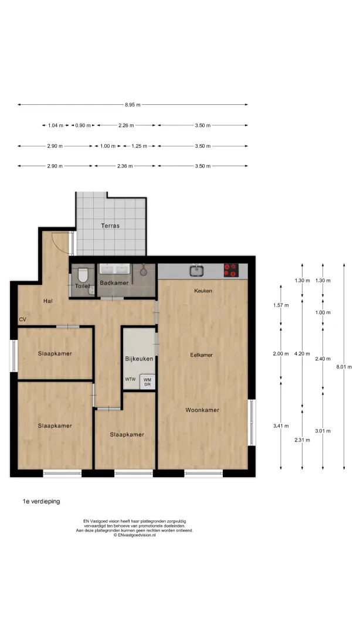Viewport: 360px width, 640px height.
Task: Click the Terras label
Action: pyautogui.click(x=110, y=225)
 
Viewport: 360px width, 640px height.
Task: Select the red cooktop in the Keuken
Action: pyautogui.click(x=230, y=270)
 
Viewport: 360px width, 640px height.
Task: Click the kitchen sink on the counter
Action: pyautogui.click(x=197, y=270)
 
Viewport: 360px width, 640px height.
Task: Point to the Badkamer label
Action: pyautogui.click(x=114, y=283)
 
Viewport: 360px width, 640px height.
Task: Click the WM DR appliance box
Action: pyautogui.click(x=147, y=382)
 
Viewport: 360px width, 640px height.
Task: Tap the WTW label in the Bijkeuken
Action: pyautogui.click(x=130, y=379)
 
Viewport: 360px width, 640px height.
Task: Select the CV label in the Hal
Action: pyautogui.click(x=22, y=319)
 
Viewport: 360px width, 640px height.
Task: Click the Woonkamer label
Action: pyautogui.click(x=202, y=410)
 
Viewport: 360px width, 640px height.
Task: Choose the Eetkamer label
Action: pyautogui.click(x=202, y=355)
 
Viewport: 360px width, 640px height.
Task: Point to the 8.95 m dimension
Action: pyautogui.click(x=133, y=104)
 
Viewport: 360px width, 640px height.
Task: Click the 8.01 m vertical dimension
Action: pyautogui.click(x=344, y=366)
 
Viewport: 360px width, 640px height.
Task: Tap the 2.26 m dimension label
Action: pyautogui.click(x=126, y=125)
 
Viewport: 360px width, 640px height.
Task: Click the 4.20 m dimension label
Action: pyautogui.click(x=302, y=354)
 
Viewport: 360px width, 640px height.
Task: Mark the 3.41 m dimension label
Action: pyautogui.click(x=281, y=426)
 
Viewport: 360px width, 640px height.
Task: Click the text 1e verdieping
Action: pyautogui.click(x=41, y=501)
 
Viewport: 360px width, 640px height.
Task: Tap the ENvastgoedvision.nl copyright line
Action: pyautogui.click(x=135, y=535)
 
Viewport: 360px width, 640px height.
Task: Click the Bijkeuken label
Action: pyautogui.click(x=139, y=359)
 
